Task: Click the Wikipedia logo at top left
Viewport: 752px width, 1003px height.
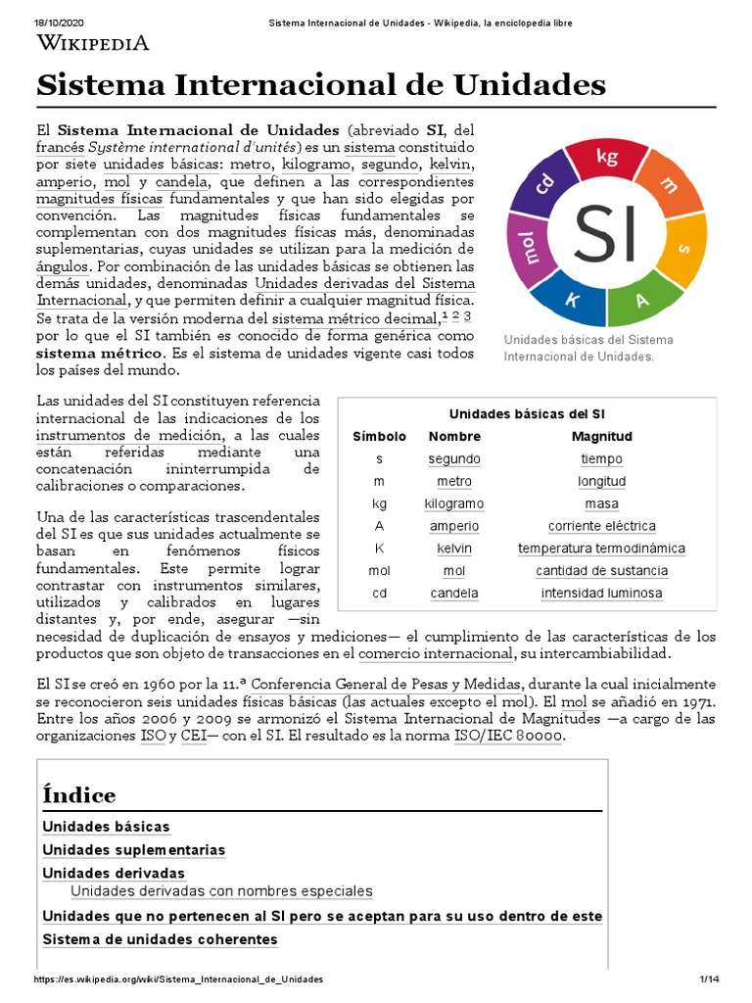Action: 93,42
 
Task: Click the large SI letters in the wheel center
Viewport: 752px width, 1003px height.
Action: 605,232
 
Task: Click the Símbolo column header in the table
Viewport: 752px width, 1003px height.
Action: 379,437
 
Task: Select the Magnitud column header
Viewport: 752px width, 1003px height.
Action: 601,437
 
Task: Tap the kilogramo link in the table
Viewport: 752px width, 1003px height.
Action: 453,503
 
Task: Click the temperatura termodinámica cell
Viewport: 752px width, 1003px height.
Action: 601,549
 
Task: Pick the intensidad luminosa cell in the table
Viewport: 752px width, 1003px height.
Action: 601,594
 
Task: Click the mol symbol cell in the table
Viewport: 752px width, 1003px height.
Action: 379,571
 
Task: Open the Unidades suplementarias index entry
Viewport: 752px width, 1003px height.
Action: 134,850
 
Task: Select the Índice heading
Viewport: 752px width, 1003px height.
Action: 79,794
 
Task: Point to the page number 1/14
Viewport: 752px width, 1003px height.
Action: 709,979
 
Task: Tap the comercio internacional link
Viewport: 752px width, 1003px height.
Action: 436,654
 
